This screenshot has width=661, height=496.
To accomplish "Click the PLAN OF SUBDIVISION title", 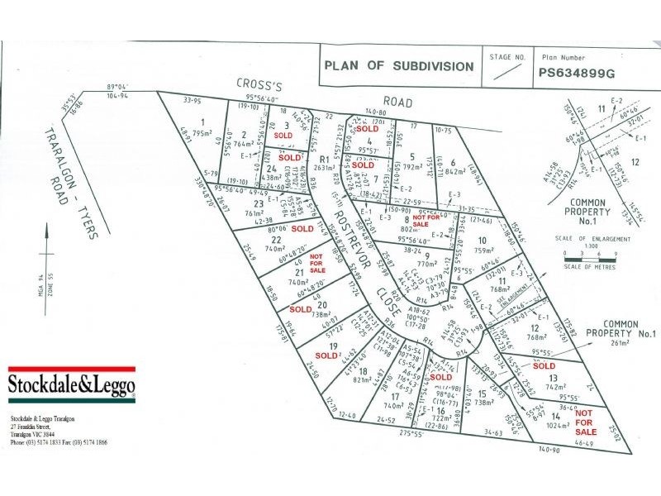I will [x=399, y=66].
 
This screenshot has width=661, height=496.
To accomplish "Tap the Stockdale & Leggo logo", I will [x=71, y=383].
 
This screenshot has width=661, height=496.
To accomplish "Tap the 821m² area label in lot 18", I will [x=361, y=381].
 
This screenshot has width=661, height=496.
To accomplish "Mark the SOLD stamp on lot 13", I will [x=544, y=365].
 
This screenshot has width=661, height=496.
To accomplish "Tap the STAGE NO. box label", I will [x=507, y=58].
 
